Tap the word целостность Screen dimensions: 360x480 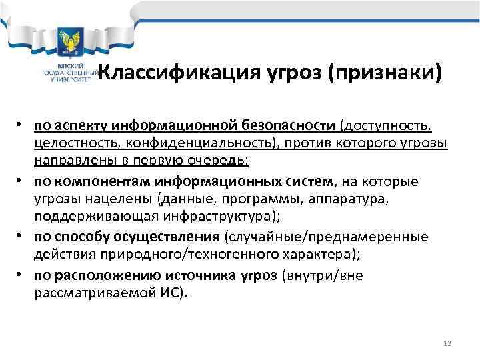pyautogui.click(x=69, y=144)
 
